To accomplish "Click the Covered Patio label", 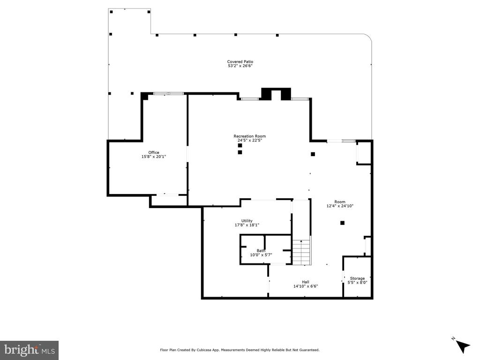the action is point(240,61).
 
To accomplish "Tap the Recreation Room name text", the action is point(249,136).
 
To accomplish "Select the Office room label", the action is point(154,152).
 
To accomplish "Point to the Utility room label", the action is point(247,221).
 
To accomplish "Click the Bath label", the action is point(261,250).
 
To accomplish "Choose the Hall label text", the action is point(306,282).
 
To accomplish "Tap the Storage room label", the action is point(357,278).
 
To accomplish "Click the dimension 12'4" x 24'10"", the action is point(340,206).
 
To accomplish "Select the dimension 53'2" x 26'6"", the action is point(240,66).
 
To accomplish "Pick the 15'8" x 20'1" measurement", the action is point(154,157).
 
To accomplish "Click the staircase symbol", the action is point(301,252).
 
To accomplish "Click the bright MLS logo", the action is point(29,350).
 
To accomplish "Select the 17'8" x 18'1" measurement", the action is point(247,225).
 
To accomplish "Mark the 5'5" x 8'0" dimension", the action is point(357,283).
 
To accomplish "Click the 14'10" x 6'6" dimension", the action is point(306,286).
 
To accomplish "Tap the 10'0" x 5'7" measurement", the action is point(261,255).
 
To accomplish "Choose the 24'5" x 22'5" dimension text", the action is point(249,141).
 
